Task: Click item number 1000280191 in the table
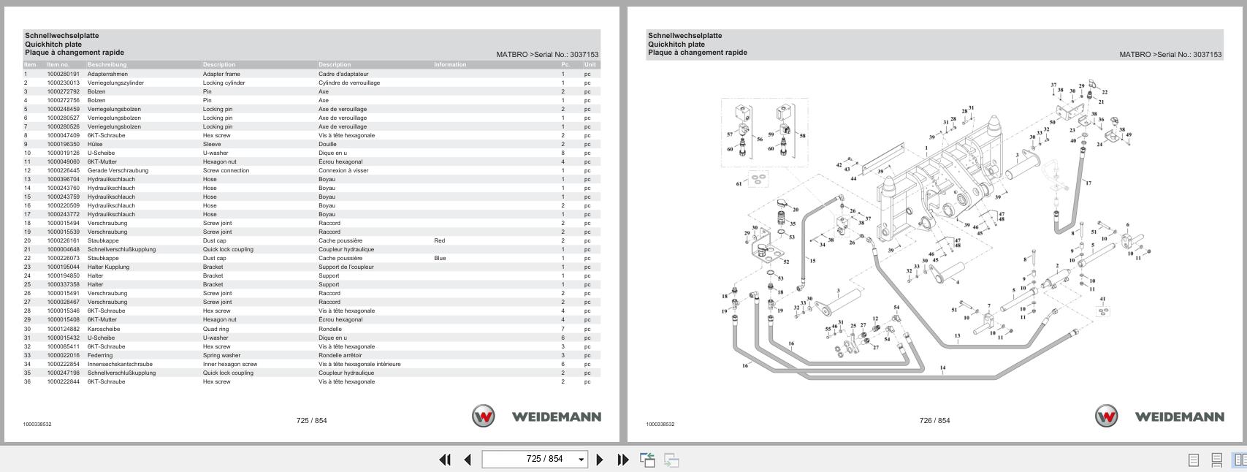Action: (63, 74)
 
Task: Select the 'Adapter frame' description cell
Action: (221, 74)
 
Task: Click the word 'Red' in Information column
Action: (439, 240)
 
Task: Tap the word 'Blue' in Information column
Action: (439, 258)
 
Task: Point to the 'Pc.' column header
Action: (565, 64)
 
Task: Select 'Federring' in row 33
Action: (100, 355)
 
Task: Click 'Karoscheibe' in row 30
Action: (103, 329)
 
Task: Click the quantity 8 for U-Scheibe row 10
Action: (563, 153)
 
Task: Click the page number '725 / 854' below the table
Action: (311, 420)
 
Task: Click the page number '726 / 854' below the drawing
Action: (934, 420)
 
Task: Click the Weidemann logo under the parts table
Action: (536, 416)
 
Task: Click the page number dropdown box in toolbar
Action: (535, 459)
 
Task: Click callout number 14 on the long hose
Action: (942, 368)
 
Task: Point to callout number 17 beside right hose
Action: (1088, 183)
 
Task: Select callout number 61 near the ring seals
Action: (739, 183)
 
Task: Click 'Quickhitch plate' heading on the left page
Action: (53, 44)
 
